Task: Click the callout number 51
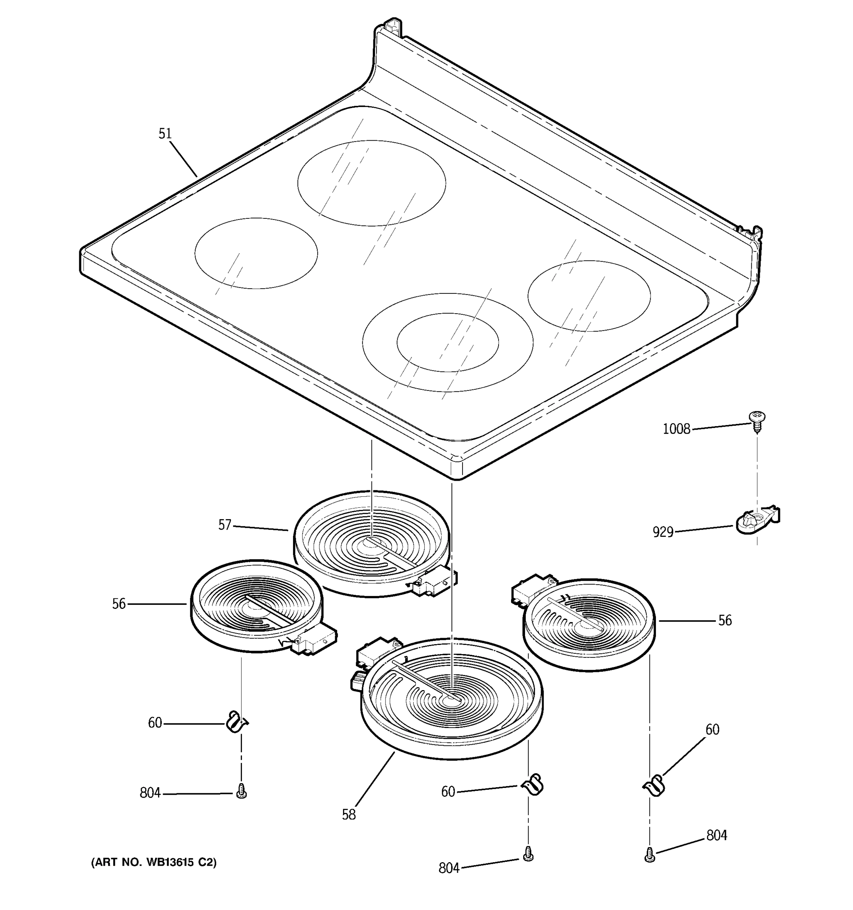[165, 134]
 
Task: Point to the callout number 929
[663, 532]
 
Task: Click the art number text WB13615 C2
[154, 862]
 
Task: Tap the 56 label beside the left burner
[119, 604]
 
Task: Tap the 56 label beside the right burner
[724, 621]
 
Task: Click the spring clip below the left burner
[237, 722]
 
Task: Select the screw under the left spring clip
[241, 791]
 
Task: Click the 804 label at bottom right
[716, 835]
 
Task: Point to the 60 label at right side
[712, 730]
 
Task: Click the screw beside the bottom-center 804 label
[528, 854]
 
